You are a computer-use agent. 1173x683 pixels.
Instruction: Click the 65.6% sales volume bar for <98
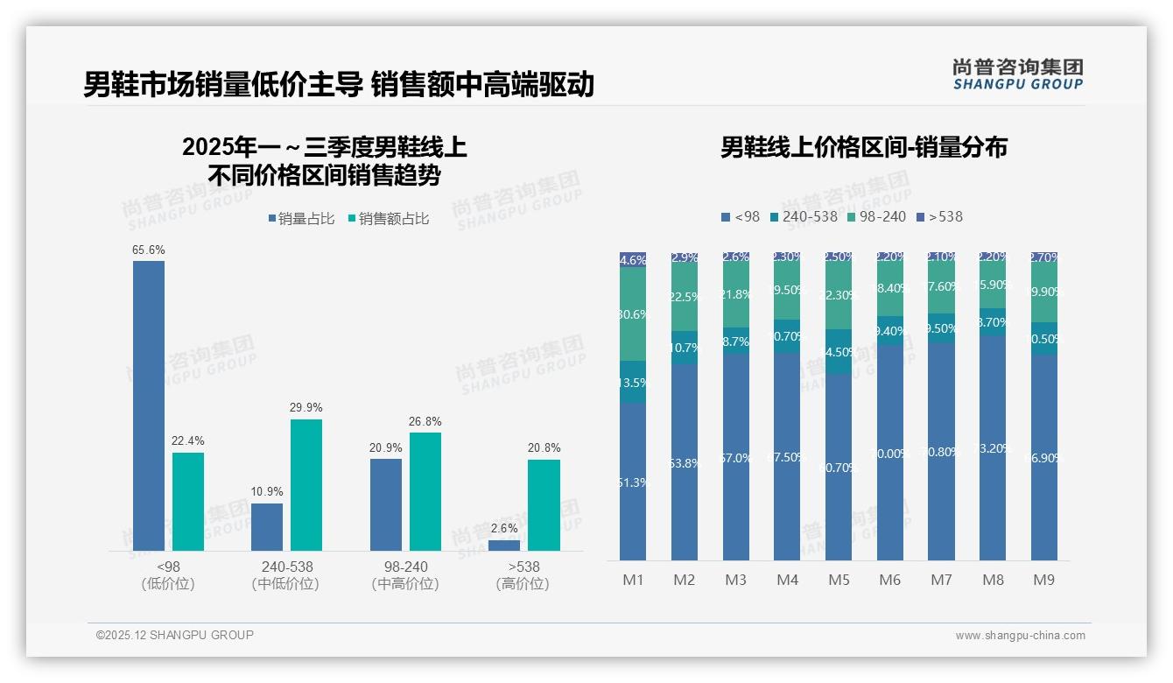pos(149,405)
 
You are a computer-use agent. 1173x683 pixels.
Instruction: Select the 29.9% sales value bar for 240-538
pos(306,484)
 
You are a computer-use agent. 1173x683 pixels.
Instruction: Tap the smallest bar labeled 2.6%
pos(504,545)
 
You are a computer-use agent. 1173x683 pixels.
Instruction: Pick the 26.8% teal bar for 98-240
pos(425,490)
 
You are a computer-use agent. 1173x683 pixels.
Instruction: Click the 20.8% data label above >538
pos(544,447)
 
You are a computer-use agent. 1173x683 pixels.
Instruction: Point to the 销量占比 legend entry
pos(301,219)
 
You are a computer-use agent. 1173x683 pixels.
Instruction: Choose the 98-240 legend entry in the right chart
pos(875,216)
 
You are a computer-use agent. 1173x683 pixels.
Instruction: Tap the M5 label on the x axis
pos(839,580)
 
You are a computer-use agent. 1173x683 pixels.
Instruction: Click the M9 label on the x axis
pos(1044,580)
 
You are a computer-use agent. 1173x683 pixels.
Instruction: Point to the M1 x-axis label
pos(633,580)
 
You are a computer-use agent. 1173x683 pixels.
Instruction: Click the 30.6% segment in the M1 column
pos(633,314)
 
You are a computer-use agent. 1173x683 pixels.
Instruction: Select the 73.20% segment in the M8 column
pos(993,447)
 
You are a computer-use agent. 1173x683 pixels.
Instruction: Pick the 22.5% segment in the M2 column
pos(685,298)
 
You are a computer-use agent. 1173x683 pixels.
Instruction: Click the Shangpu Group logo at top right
pos(1017,74)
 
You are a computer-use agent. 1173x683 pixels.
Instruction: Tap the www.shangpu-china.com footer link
pos(1020,636)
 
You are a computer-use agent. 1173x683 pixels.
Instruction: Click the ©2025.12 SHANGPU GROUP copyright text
pos(175,635)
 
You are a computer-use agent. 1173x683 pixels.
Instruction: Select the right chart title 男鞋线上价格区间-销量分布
pos(863,147)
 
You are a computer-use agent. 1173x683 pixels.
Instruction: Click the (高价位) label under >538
pos(523,584)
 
